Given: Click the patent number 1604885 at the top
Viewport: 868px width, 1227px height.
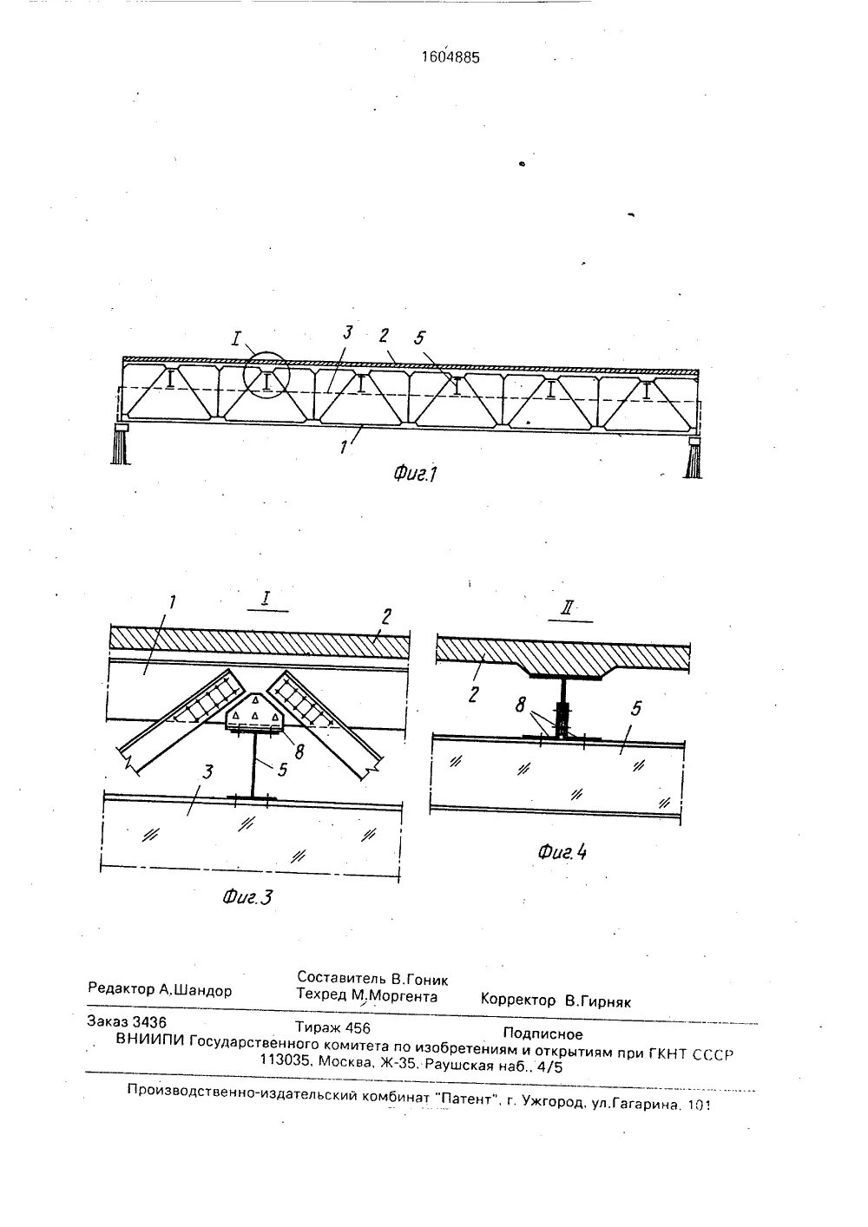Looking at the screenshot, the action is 450,58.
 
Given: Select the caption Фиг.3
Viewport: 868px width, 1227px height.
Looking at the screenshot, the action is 247,897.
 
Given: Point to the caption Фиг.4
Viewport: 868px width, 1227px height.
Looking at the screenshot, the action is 562,851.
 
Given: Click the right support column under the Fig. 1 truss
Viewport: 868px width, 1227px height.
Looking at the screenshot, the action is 694,458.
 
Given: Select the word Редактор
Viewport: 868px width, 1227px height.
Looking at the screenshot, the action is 121,989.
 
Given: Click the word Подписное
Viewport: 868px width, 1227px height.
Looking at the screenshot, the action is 542,1033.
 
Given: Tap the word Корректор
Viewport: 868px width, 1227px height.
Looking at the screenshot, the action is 518,1001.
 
